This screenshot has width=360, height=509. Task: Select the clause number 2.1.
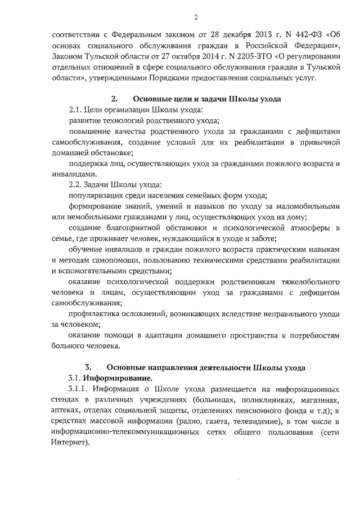(75, 110)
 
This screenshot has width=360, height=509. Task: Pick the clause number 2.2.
(75, 185)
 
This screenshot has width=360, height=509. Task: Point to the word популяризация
(94, 196)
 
